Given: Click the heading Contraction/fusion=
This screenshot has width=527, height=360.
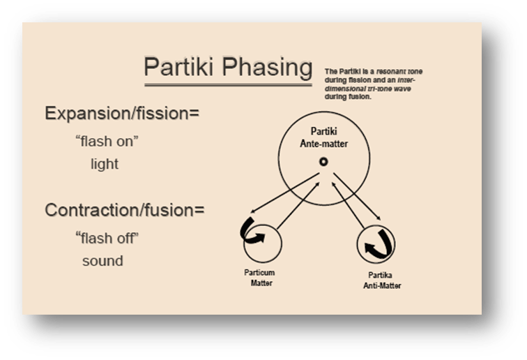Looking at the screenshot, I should point(125,209).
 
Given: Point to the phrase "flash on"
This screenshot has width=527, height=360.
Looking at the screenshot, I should point(107,142).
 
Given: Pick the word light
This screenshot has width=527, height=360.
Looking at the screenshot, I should point(104,165).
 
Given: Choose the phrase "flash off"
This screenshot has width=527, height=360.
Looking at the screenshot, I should point(107,237).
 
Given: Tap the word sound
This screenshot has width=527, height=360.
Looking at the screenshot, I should point(102,261).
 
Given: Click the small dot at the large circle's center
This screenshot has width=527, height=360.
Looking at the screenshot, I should point(323,162).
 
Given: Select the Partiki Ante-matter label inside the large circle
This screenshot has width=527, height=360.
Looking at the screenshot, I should point(323,136).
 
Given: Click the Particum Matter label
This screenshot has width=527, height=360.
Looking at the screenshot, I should point(261,281).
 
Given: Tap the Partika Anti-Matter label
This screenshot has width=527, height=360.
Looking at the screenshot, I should point(382,281).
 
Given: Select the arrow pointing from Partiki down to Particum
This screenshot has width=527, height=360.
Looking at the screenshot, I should point(279,197).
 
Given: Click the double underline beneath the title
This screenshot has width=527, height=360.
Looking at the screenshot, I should point(228,84).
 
